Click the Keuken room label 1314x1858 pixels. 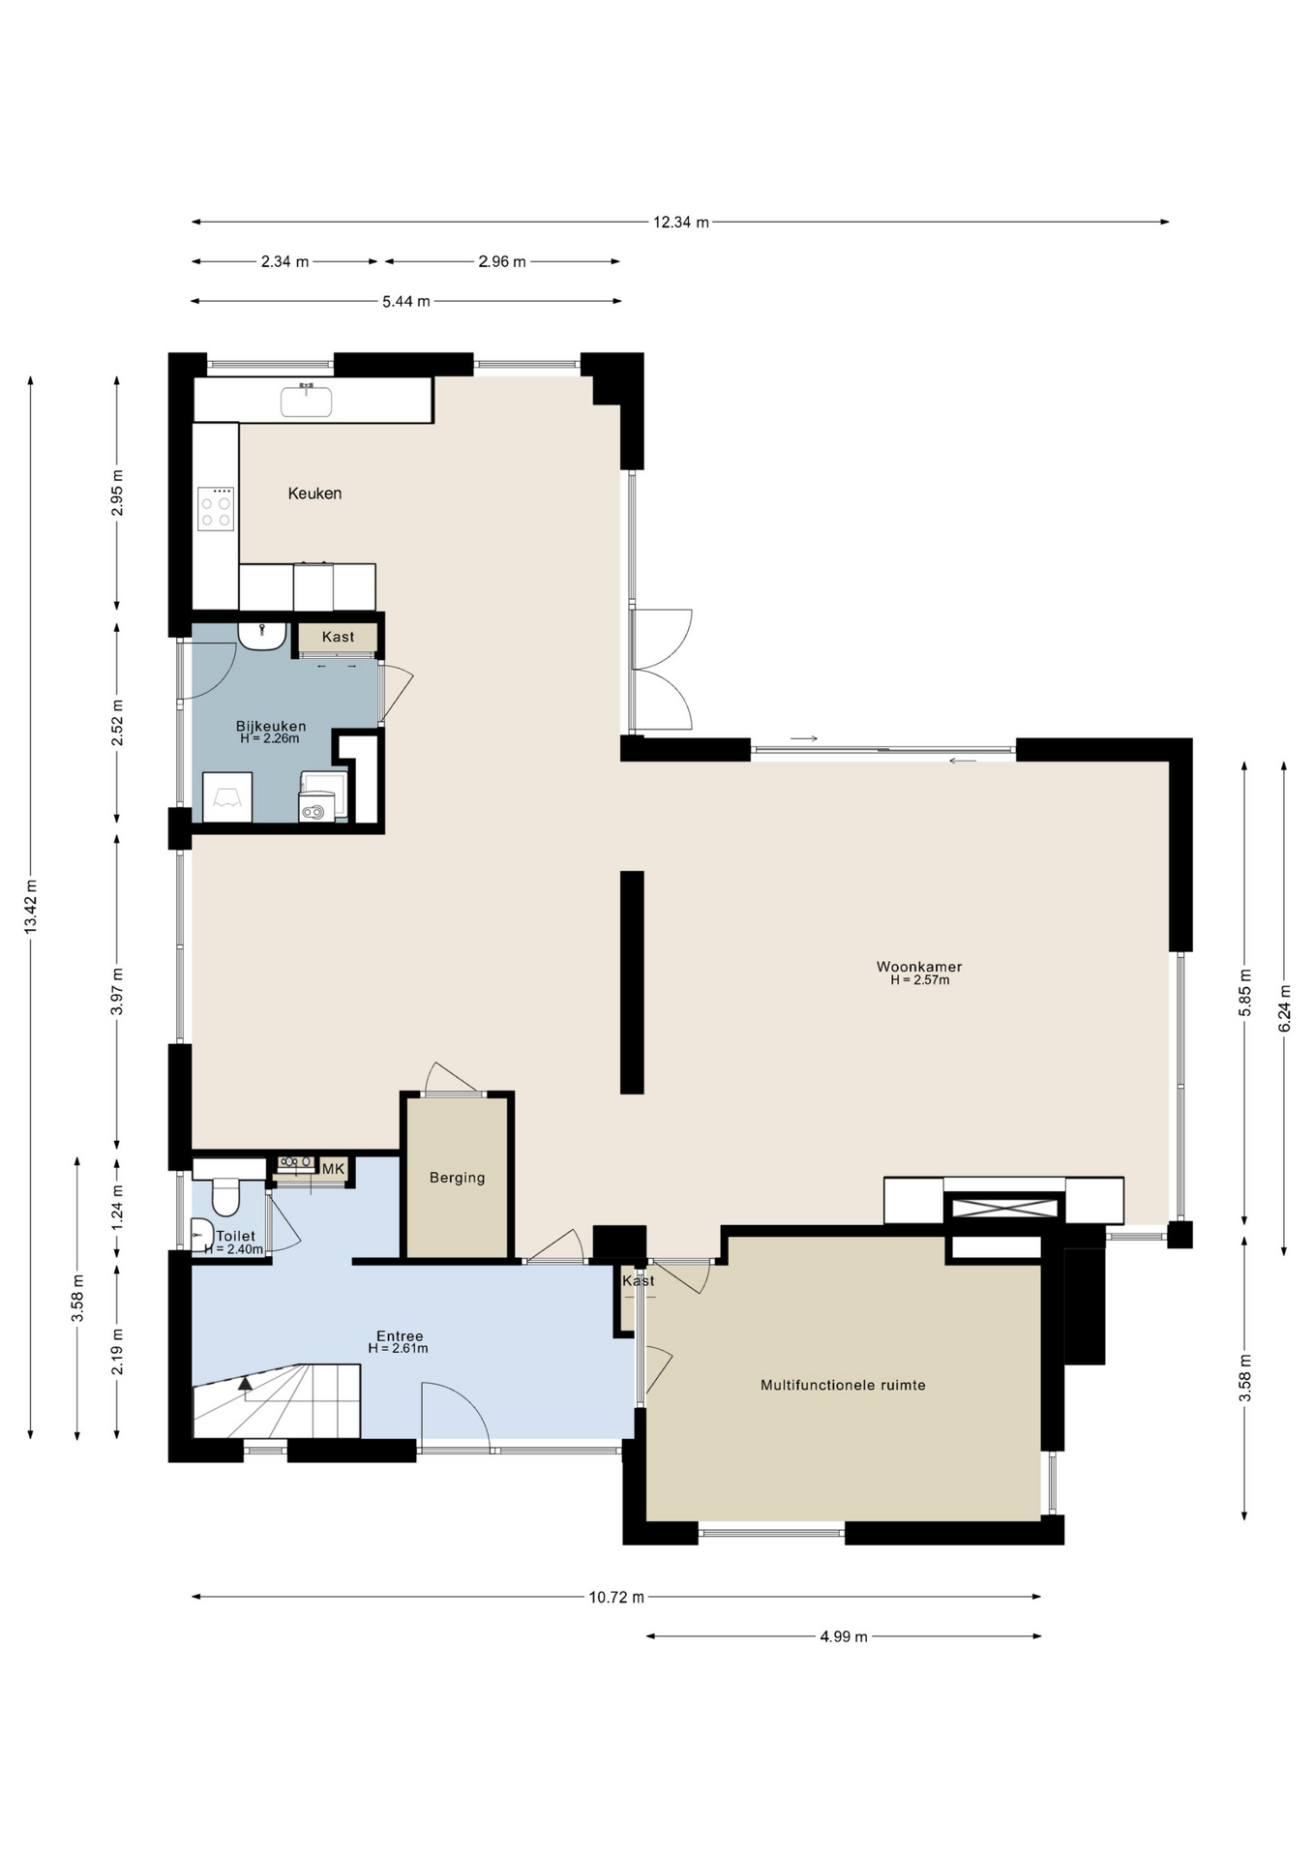314,494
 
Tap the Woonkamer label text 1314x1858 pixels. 919,967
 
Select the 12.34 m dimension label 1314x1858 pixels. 681,223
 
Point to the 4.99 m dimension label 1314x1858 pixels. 844,1636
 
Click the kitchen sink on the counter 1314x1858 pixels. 306,401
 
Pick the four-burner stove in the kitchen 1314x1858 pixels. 216,509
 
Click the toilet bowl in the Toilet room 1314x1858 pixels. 225,1198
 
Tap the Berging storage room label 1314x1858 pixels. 458,1178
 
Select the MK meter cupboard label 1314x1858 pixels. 333,1169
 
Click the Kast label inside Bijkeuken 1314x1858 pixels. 339,637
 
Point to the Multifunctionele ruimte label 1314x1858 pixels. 843,1385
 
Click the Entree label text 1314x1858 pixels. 400,1336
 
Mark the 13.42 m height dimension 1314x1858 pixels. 31,907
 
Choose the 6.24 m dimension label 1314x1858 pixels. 1285,1008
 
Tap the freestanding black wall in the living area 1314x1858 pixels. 632,982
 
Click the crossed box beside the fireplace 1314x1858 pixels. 1005,1208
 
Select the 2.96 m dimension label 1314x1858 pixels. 502,261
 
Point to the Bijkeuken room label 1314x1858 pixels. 271,726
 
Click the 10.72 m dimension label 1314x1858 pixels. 616,1597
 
